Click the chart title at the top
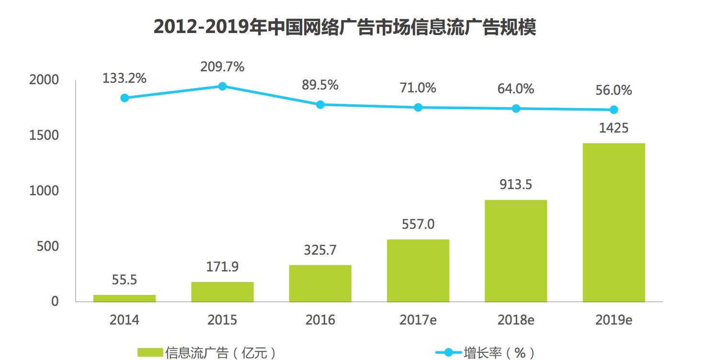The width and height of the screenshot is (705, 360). pos(344,28)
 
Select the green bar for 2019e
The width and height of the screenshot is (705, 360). pos(614,223)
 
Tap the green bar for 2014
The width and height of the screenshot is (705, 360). pos(125,298)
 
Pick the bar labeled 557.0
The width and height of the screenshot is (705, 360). pos(418,270)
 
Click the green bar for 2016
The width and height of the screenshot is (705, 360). pos(320,283)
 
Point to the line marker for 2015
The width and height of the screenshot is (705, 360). pos(222,86)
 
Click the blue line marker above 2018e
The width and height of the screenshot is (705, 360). pos(516,109)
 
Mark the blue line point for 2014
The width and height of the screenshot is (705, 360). pos(125,98)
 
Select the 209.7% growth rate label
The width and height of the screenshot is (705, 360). pos(222,67)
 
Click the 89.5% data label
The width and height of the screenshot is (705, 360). pos(320,85)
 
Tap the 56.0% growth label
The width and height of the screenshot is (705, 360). pos(614,90)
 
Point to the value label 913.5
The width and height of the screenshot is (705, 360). pos(516,184)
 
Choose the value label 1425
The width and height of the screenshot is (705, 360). pos(614,128)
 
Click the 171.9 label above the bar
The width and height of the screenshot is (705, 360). pos(222,267)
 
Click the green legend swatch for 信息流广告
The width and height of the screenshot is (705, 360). pos(150,353)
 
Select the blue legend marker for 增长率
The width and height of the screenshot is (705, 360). pos(448,353)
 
